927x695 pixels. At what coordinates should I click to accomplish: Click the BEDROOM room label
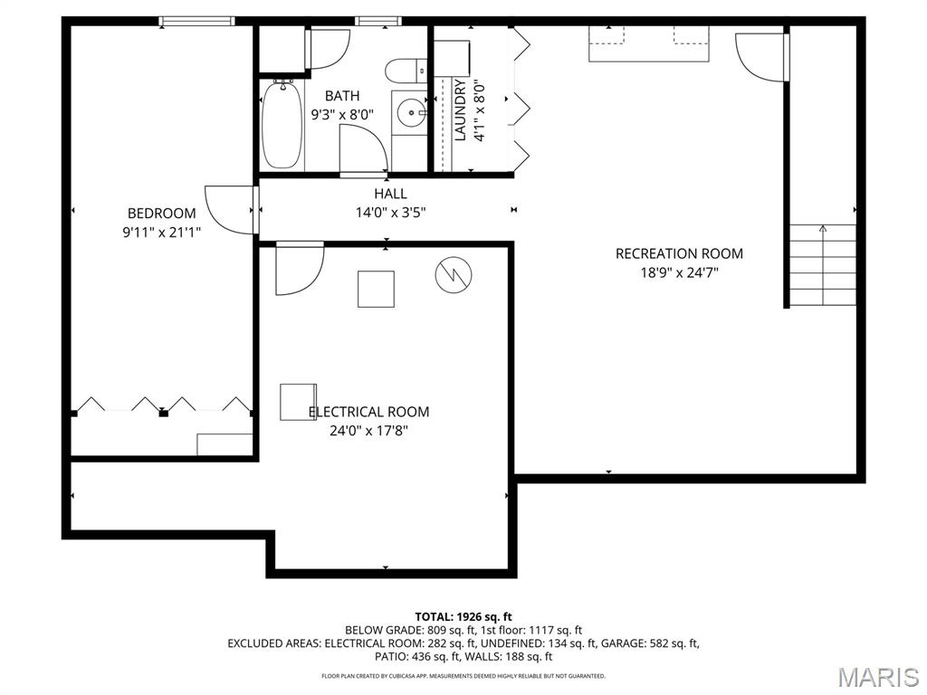tap(161, 214)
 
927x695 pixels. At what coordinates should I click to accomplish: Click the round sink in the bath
tap(412, 113)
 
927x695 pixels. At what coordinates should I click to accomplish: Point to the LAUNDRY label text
tap(460, 109)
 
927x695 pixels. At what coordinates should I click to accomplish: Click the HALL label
tap(390, 194)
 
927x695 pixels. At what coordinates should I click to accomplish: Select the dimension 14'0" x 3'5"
tap(390, 213)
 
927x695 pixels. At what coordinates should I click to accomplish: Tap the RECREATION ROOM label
tap(679, 253)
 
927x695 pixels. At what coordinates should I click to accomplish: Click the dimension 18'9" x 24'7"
tap(679, 272)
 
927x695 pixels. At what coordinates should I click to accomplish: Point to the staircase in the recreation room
tap(822, 264)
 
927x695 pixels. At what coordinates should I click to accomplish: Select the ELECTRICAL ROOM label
tap(368, 412)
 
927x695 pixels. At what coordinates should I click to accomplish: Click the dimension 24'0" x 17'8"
tap(368, 432)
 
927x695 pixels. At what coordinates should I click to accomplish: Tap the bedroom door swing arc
tap(228, 208)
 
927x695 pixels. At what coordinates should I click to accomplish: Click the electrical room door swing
tap(299, 269)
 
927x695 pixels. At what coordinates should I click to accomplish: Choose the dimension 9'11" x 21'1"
tap(161, 233)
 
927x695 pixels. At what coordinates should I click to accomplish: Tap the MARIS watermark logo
tap(877, 676)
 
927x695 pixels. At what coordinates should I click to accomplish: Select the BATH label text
tap(342, 96)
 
